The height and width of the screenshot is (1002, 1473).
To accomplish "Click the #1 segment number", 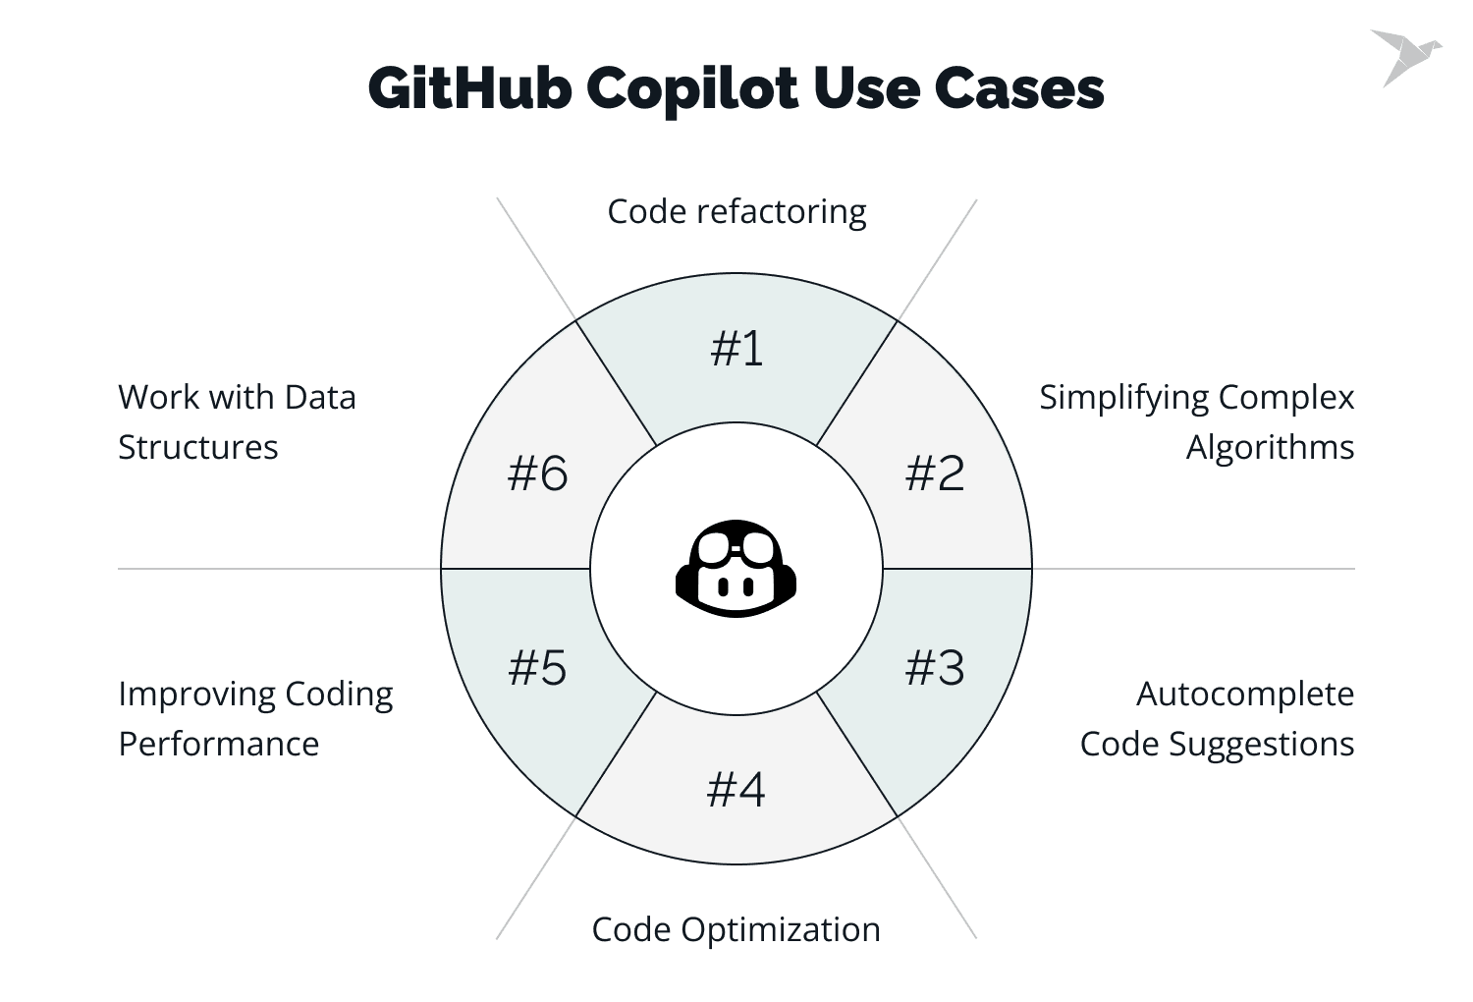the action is [x=736, y=348].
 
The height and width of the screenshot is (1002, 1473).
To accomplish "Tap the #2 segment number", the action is [x=935, y=473].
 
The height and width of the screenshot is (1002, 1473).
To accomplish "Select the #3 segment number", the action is [x=935, y=668].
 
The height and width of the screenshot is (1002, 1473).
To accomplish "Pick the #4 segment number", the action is [x=736, y=790].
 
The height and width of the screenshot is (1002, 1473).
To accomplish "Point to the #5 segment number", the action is [x=537, y=668].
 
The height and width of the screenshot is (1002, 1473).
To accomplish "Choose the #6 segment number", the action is [x=537, y=473].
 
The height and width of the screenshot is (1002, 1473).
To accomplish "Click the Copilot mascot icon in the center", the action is [x=736, y=569].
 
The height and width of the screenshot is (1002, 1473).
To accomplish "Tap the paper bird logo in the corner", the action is [x=1406, y=57].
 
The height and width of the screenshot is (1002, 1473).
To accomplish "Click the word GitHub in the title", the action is [x=470, y=87].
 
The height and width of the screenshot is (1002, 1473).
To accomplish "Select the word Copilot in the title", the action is [x=692, y=90].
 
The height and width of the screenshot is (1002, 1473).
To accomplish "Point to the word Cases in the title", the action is [x=1019, y=88].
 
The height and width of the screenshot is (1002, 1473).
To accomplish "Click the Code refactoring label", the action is [x=736, y=212].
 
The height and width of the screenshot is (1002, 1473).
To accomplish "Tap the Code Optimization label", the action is [x=736, y=929].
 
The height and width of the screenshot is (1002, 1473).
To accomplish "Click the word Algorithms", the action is [x=1270, y=447].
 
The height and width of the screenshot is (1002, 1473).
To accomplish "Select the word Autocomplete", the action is [x=1245, y=695].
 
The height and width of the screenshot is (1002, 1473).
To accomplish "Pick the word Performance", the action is [x=219, y=744].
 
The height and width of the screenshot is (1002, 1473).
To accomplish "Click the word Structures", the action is [x=198, y=447].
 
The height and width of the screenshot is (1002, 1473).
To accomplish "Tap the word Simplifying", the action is [x=1124, y=398].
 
